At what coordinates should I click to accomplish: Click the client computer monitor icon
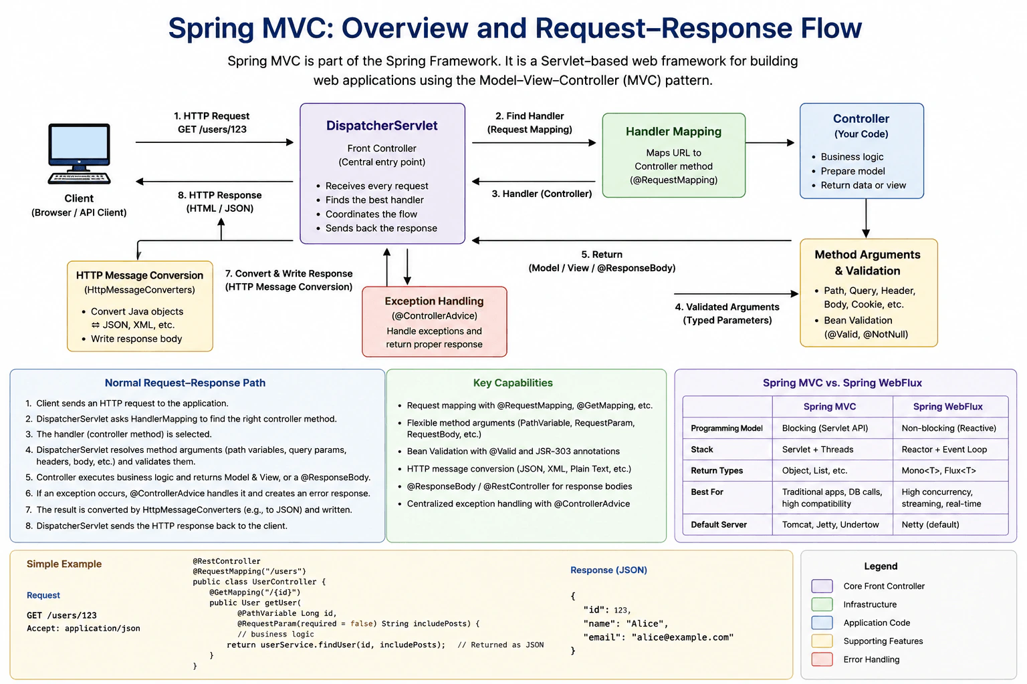pyautogui.click(x=79, y=154)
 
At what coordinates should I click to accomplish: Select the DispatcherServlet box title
pyautogui.click(x=382, y=126)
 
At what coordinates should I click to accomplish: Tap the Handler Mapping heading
pyautogui.click(x=673, y=132)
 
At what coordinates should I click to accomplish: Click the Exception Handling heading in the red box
pyautogui.click(x=434, y=301)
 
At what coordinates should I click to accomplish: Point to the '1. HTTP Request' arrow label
pyautogui.click(x=212, y=116)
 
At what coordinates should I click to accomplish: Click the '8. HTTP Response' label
pyautogui.click(x=219, y=195)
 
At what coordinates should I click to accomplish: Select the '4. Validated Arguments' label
pyautogui.click(x=727, y=307)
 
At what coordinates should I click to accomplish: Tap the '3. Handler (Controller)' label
pyautogui.click(x=542, y=194)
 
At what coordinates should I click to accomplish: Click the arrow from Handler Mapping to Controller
pyautogui.click(x=770, y=142)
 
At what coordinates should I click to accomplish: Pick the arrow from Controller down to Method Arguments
pyautogui.click(x=866, y=218)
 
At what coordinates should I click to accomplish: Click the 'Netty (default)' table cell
pyautogui.click(x=930, y=524)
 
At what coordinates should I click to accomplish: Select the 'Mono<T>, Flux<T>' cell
pyautogui.click(x=939, y=470)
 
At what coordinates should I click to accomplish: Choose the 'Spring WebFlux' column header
pyautogui.click(x=947, y=406)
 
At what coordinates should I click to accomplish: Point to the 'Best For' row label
pyautogui.click(x=707, y=492)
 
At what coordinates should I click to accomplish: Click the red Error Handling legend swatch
pyautogui.click(x=822, y=659)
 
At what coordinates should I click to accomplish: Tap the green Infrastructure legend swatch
pyautogui.click(x=822, y=605)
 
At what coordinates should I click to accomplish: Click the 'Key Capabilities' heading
pyautogui.click(x=513, y=383)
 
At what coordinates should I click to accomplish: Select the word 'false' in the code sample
pyautogui.click(x=361, y=623)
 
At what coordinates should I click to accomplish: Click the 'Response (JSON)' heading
pyautogui.click(x=608, y=570)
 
